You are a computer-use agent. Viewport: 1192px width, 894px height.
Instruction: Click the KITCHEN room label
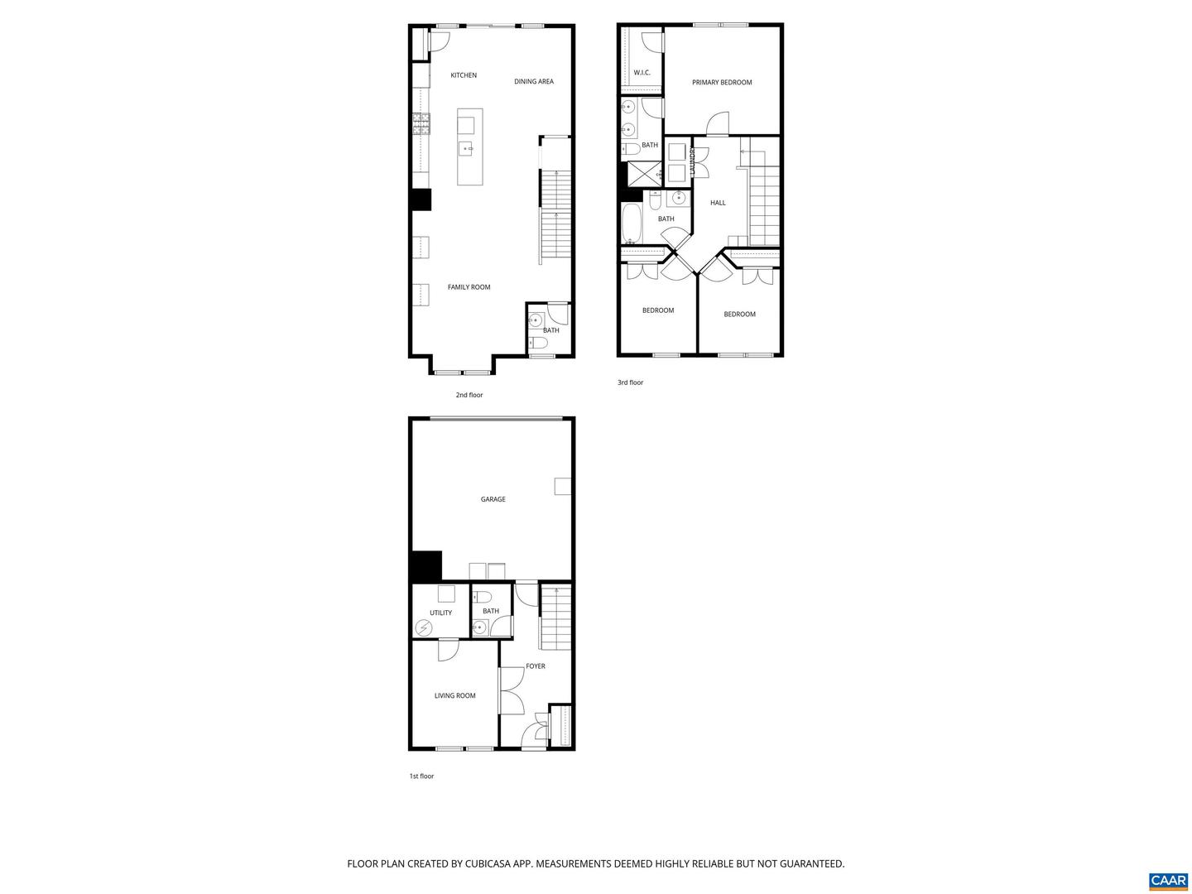click(x=464, y=75)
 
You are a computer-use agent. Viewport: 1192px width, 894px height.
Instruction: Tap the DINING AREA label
click(x=534, y=82)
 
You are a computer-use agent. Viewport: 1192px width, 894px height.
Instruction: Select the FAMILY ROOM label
click(x=469, y=287)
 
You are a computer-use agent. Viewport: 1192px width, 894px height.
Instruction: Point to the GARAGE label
click(x=493, y=499)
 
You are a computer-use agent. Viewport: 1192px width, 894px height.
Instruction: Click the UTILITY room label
click(x=440, y=613)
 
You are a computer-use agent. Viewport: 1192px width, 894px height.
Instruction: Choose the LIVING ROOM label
click(x=454, y=696)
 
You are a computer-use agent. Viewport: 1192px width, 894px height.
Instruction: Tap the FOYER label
click(x=536, y=666)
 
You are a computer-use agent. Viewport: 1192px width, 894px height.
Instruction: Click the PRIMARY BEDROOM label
click(x=722, y=83)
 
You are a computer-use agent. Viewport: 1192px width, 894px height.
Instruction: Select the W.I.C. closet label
click(x=642, y=73)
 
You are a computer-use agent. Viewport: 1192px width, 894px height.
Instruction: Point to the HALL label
click(x=718, y=203)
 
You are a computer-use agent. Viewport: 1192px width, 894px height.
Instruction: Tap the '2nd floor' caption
click(x=469, y=395)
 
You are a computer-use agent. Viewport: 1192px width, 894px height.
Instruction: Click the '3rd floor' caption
click(x=630, y=382)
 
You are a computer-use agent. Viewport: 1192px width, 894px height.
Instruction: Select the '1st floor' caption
click(x=421, y=776)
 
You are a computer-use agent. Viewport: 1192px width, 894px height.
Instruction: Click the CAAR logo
click(x=1168, y=880)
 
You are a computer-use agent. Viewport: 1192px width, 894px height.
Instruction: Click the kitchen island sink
click(x=467, y=149)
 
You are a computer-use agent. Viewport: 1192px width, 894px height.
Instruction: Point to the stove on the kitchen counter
click(x=421, y=124)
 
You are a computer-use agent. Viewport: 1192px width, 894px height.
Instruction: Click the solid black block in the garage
click(x=425, y=566)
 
